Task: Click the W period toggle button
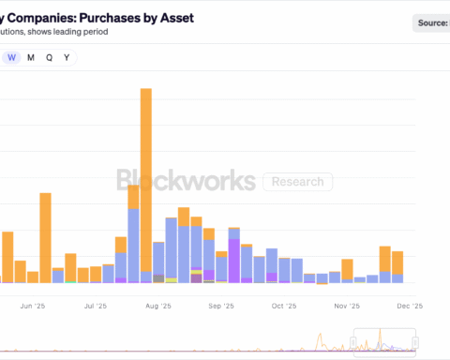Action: tap(11, 57)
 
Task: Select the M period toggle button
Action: tap(31, 57)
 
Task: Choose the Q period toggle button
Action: tap(49, 57)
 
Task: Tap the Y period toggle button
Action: tap(67, 57)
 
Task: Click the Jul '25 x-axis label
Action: tap(96, 306)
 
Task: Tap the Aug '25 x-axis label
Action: tap(159, 306)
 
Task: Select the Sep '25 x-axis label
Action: tap(221, 306)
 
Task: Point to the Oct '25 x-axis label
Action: tap(283, 306)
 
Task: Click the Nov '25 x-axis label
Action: tap(347, 306)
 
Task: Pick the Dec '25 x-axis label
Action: tap(410, 306)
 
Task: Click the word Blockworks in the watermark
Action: tap(186, 180)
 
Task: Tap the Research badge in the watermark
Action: tap(297, 181)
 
